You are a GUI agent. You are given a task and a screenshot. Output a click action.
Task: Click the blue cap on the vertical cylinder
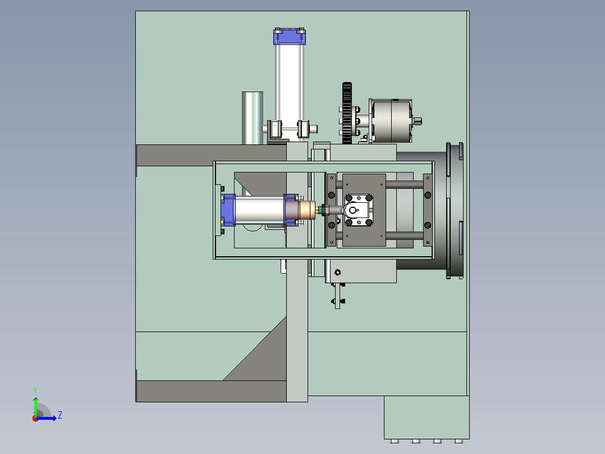coord(290,37)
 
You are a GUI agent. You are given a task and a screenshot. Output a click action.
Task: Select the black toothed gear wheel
coord(347,113)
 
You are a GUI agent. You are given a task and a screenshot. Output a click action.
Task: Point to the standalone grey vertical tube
coord(253,118)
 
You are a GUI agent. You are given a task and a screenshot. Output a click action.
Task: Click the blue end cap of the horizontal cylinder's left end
coord(228,210)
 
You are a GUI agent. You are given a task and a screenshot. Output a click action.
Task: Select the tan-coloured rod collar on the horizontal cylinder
coord(307,210)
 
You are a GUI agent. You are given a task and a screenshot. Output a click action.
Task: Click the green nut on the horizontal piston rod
coord(319,210)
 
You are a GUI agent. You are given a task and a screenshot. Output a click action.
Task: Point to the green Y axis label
coord(35,391)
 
